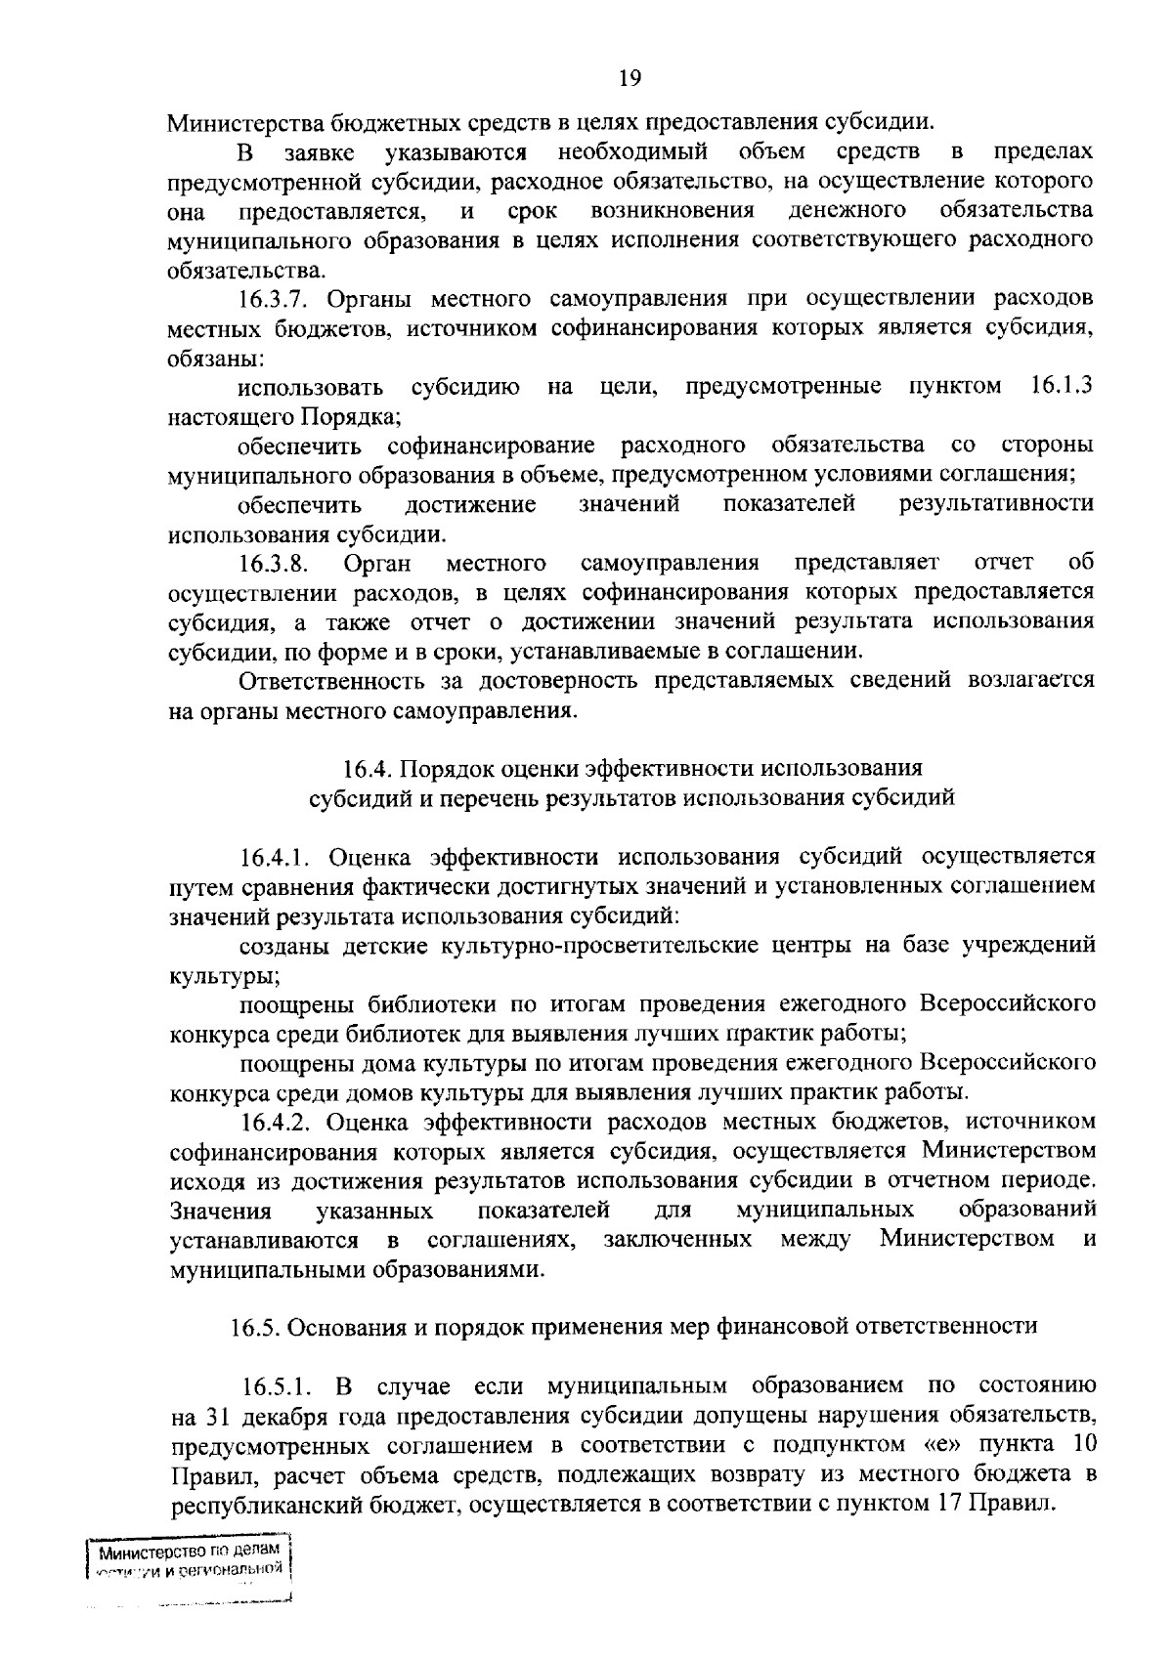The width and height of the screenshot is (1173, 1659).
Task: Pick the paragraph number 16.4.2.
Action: (279, 1121)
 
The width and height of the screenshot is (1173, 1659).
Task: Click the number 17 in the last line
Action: (946, 1504)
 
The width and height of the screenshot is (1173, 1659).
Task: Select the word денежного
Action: (847, 211)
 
